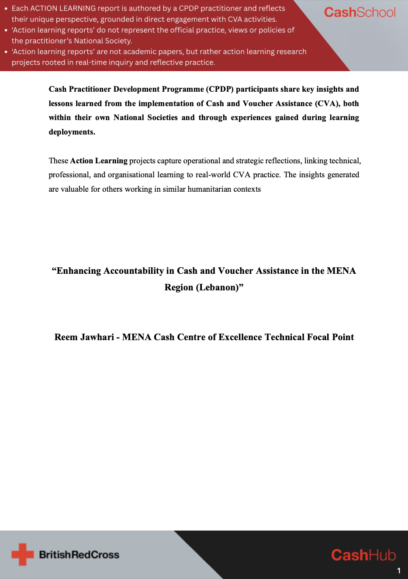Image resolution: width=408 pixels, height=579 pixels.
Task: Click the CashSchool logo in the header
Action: (x=360, y=12)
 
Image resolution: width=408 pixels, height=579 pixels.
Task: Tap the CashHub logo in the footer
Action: (x=363, y=555)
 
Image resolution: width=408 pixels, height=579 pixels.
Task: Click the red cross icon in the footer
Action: (x=22, y=555)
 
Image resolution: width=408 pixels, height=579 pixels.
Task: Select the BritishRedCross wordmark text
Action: (x=79, y=555)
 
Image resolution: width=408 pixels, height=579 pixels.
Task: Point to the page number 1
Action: (x=398, y=570)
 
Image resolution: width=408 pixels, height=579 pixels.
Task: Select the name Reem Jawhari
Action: (x=84, y=337)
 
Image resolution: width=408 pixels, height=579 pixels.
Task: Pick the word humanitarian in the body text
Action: (x=211, y=189)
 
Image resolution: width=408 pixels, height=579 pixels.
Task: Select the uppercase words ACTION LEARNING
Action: (x=63, y=8)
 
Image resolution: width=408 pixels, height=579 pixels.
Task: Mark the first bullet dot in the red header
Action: (x=6, y=8)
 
